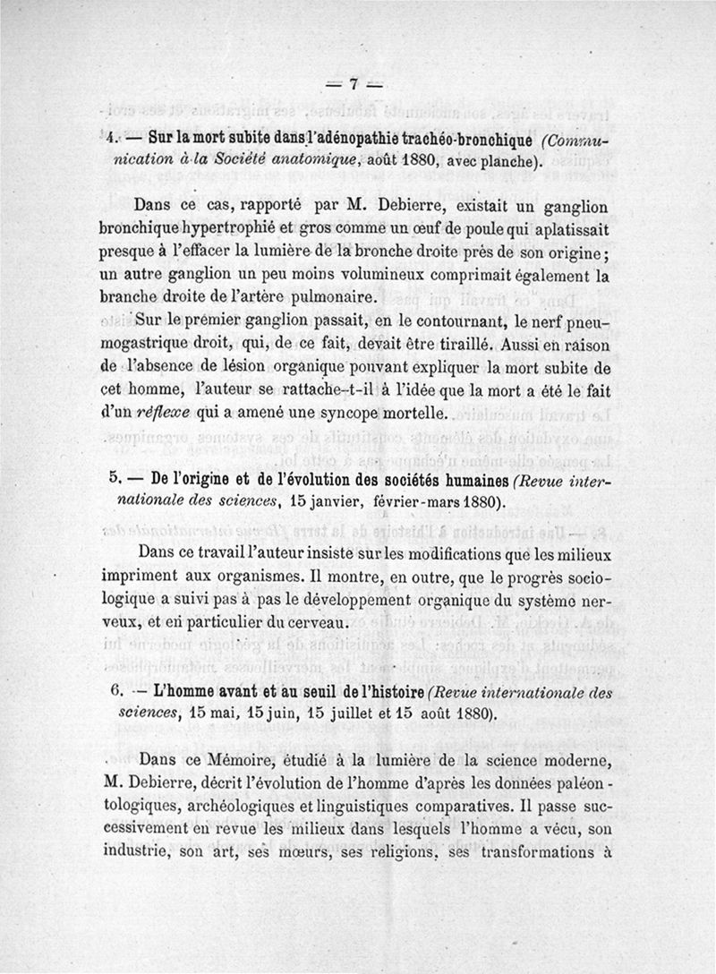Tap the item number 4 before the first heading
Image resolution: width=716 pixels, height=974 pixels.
click(x=109, y=141)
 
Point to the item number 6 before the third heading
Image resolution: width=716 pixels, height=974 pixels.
click(x=112, y=694)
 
